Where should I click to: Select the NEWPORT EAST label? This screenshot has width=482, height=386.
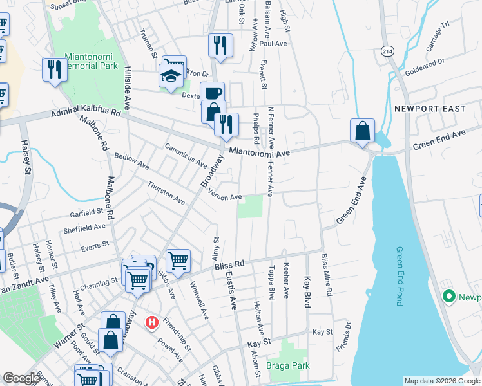tap(430, 109)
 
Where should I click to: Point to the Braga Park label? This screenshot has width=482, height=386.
tap(288, 366)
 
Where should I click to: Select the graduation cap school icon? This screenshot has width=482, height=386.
tap(170, 77)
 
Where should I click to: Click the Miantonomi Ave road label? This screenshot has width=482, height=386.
tap(260, 152)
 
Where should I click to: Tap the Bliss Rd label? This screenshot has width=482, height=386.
tap(230, 264)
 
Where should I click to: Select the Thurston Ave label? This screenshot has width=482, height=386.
tap(166, 193)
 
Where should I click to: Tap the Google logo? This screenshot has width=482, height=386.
tap(21, 378)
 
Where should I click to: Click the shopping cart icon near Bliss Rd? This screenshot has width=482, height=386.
tap(178, 260)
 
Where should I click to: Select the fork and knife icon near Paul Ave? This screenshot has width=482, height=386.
tap(220, 44)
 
